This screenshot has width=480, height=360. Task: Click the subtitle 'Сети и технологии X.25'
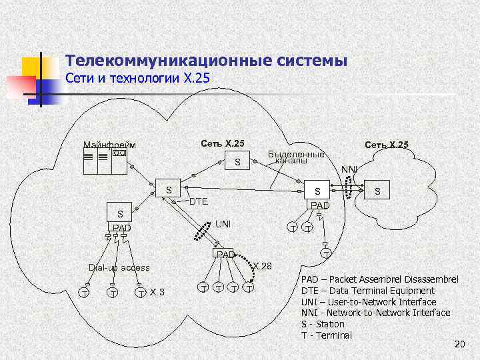[138, 79]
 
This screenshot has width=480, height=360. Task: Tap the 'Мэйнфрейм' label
[109, 145]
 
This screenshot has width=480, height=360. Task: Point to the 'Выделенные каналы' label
[295, 157]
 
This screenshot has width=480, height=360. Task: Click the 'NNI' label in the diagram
[349, 169]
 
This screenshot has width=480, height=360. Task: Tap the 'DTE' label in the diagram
[199, 201]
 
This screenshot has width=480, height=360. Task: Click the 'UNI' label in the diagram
[223, 224]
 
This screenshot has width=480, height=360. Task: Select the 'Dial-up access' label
[119, 267]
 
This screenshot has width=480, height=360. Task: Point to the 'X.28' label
[263, 266]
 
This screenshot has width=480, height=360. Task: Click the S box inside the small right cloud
[378, 191]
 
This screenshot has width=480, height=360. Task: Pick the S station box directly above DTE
[169, 191]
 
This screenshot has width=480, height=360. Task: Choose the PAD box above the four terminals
[224, 254]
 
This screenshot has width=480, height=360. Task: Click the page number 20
[459, 344]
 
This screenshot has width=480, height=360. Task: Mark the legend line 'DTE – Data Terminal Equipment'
[367, 291]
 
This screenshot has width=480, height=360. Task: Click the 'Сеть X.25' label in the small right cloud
[386, 145]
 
